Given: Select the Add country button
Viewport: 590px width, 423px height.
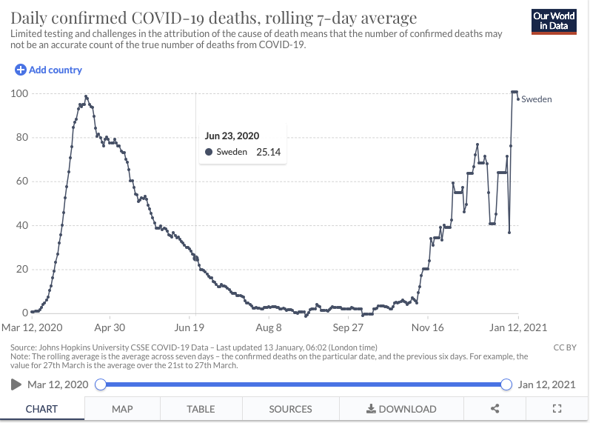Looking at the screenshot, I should pos(49,70).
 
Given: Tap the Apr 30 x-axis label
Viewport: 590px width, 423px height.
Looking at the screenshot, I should pos(109,327).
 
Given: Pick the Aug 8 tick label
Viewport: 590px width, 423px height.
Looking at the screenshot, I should pos(269,327).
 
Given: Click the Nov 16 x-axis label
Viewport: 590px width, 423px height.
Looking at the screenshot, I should pos(427,327).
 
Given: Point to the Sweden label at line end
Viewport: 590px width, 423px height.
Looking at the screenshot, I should pos(537,99).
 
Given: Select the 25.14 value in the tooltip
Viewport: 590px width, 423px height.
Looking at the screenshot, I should pos(268,153).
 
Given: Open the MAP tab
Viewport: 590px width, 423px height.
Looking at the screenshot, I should pos(122,408).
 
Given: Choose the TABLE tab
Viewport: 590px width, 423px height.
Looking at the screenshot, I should pos(201,408).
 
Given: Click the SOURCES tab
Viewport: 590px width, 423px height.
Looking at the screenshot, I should pos(290,408).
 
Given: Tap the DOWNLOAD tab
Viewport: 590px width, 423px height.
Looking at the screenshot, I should pos(401,408).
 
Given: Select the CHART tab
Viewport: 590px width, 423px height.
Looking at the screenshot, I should pos(42,408).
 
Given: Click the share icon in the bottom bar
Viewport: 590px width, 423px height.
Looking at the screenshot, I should pos(495,408).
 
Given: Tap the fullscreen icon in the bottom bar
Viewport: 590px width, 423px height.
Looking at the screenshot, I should pos(558,408).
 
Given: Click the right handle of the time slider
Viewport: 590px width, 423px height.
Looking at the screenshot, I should pos(506,384).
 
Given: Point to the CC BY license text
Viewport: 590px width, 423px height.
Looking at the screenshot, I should pos(564,347).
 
